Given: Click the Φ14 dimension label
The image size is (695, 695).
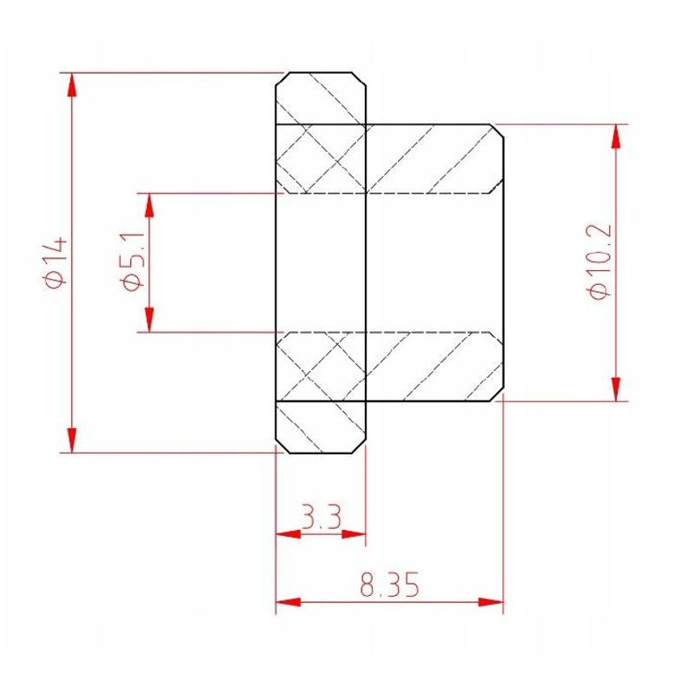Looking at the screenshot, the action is [x=56, y=262].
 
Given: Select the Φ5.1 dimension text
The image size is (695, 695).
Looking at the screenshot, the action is [x=132, y=261].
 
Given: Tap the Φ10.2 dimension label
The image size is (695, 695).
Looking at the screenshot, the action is [x=599, y=261].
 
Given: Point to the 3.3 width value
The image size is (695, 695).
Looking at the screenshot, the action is [x=321, y=516].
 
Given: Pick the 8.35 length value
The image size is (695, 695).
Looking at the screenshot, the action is [x=389, y=585].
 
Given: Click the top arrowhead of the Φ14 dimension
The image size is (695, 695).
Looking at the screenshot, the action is [x=72, y=85].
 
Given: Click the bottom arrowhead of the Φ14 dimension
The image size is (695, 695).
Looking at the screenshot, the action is [x=72, y=440].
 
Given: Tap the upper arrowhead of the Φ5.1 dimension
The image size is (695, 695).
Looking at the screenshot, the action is [x=149, y=206].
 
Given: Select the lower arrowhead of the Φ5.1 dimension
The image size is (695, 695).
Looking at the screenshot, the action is [x=149, y=319].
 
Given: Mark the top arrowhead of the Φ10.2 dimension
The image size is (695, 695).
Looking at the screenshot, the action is [x=616, y=137].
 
